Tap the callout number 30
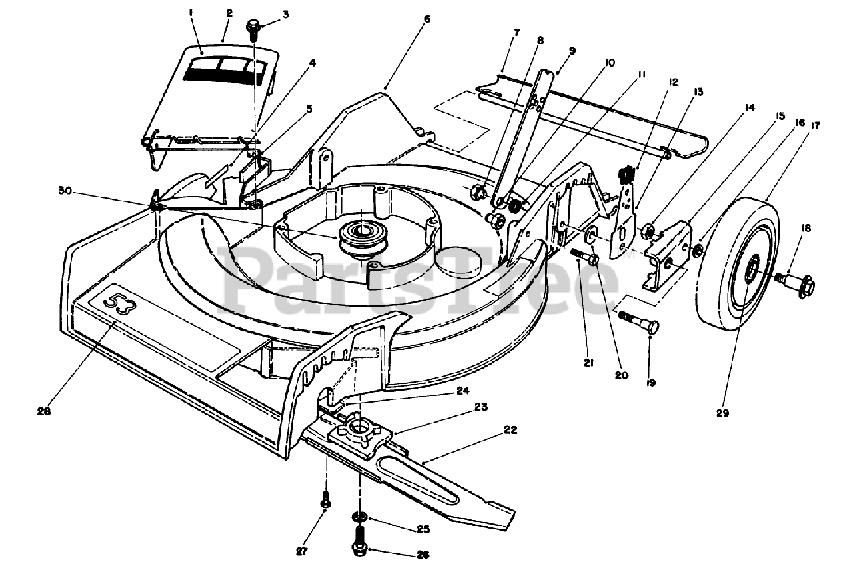tap(64, 190)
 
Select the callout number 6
tap(426, 19)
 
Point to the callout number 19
tap(651, 383)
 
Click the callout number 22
tap(510, 430)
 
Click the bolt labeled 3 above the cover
tap(253, 29)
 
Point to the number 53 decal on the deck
tap(119, 306)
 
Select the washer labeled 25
tap(359, 518)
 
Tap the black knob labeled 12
tap(626, 175)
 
